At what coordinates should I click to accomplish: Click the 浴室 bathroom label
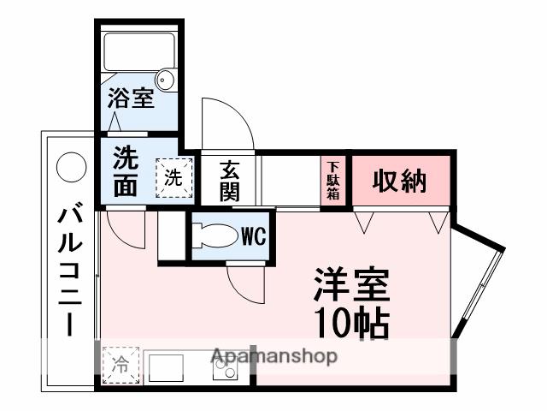(131, 98)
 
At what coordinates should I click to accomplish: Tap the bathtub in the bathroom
(137, 55)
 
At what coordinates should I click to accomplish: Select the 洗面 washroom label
(126, 171)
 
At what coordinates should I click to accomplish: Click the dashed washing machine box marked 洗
(173, 178)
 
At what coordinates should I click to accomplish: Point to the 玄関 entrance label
(228, 180)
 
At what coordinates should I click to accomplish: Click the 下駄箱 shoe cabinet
(332, 181)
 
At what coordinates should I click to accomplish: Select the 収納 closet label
(398, 181)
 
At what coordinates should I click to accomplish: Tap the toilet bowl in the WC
(214, 235)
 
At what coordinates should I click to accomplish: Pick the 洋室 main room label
(350, 284)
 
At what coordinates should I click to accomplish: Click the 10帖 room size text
(350, 323)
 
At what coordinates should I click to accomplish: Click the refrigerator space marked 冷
(120, 363)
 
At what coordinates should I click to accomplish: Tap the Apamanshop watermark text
(273, 356)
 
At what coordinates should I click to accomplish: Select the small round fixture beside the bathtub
(168, 81)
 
